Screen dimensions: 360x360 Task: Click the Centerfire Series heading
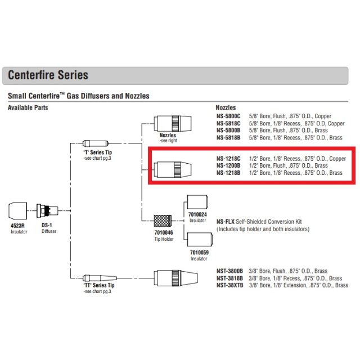(48, 75)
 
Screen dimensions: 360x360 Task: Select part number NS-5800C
(228, 116)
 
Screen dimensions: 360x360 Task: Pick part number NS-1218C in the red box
(228, 159)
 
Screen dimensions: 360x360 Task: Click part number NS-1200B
(228, 166)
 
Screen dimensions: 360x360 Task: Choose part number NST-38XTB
(229, 285)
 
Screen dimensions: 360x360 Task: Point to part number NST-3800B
(229, 271)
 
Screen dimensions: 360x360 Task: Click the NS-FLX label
(226, 222)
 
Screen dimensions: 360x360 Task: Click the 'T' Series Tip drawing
(94, 144)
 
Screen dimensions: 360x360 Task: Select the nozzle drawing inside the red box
(172, 166)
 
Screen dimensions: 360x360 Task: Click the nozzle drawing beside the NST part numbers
(175, 277)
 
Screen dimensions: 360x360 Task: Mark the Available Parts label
(28, 107)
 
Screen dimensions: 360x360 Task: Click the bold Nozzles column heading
(226, 107)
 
